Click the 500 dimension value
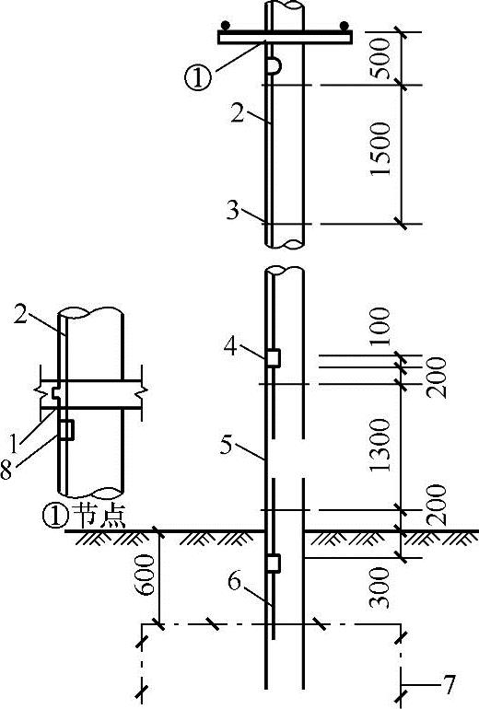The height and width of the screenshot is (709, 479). pos(380,59)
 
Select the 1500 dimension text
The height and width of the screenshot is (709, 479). pos(380,149)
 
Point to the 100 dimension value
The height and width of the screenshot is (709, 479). pos(380,327)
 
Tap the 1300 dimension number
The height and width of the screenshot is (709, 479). pos(380,446)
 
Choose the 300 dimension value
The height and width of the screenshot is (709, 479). pos(380,587)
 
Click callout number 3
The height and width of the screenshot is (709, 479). pos(233,210)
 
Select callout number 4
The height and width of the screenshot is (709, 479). pos(231,347)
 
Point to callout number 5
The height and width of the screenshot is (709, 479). pos(226,445)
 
